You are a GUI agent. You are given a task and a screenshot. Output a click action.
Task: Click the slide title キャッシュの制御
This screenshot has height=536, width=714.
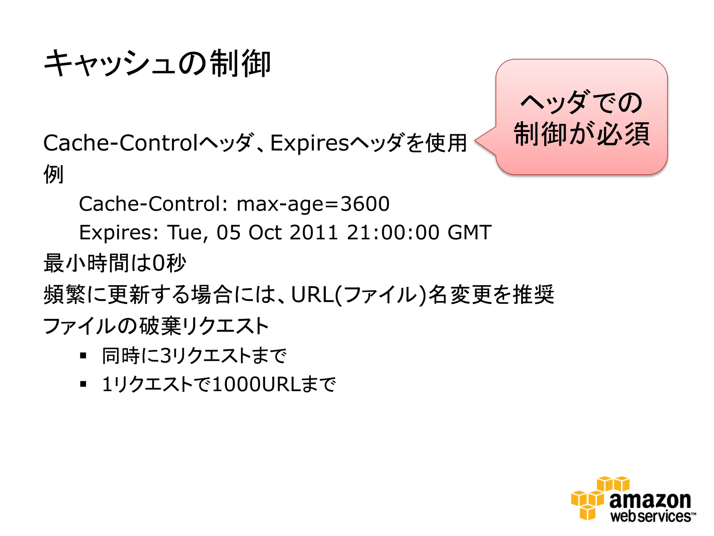(x=157, y=63)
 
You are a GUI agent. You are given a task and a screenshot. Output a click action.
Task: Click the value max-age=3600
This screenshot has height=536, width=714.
(x=313, y=204)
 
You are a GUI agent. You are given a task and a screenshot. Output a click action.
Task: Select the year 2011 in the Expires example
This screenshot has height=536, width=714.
(x=313, y=232)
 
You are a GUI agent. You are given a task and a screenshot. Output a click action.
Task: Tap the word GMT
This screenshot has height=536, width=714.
(x=469, y=232)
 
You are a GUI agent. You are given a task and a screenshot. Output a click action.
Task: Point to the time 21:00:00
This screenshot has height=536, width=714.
(x=393, y=232)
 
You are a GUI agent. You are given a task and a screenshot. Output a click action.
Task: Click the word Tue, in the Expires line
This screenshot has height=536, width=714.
(x=188, y=233)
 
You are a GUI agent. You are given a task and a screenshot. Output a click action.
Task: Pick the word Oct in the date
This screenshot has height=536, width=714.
(x=265, y=232)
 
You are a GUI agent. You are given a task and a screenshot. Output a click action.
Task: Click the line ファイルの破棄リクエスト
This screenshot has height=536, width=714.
(x=156, y=326)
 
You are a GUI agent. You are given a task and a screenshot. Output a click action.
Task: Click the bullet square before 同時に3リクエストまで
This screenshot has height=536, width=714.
(x=83, y=356)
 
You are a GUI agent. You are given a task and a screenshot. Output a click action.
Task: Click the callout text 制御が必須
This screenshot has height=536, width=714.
(x=582, y=134)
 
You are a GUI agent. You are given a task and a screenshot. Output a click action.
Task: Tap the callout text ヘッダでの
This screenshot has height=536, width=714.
(x=582, y=103)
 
